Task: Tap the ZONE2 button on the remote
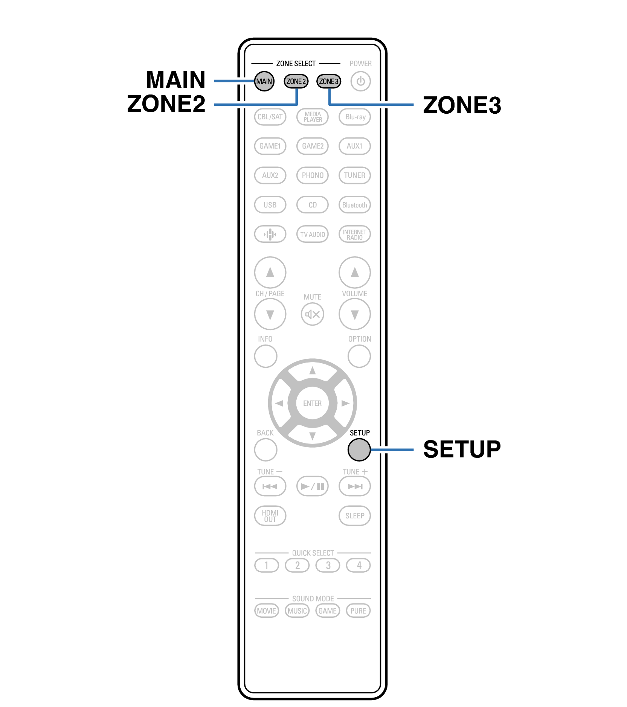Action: click(x=296, y=81)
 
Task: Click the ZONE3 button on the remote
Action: click(x=329, y=81)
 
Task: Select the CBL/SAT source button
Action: click(x=270, y=117)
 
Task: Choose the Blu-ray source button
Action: click(x=355, y=117)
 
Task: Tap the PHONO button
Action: click(x=313, y=175)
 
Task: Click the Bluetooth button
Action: click(x=355, y=205)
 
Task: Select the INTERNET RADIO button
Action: click(x=355, y=235)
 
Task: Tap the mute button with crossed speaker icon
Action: click(x=313, y=314)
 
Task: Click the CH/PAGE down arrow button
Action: click(x=270, y=314)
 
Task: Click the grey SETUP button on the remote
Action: click(x=359, y=449)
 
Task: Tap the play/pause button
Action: click(x=313, y=486)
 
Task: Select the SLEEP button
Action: click(x=355, y=516)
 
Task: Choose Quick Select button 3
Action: click(x=328, y=565)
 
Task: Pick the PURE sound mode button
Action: click(x=358, y=611)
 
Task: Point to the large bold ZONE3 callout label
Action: click(x=462, y=105)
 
